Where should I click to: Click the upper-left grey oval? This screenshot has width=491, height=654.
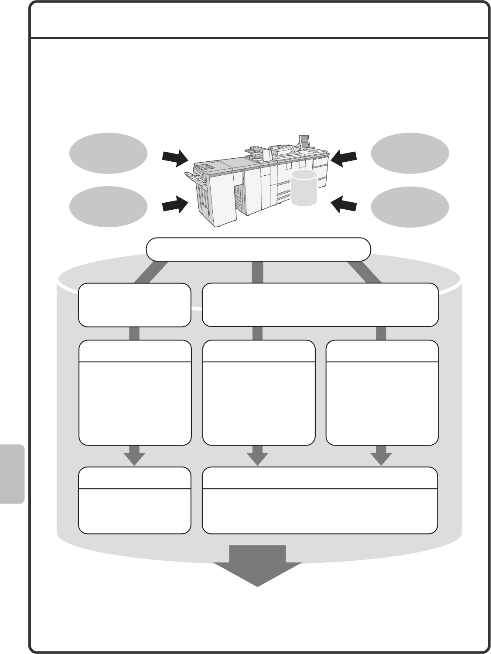pos(108,153)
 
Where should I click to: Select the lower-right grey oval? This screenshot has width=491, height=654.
pos(410,207)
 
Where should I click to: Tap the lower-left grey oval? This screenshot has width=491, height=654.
pos(108,207)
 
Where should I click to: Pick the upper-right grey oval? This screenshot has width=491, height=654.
pos(410,153)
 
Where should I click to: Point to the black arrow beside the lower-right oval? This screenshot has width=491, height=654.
pos(344,204)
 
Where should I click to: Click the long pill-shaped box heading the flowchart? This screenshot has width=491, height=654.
pos(258,249)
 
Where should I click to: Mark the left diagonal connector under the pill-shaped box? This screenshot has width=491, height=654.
pos(150,272)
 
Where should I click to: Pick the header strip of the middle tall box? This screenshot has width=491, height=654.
pos(259,351)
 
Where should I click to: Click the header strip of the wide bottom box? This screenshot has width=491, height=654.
pos(320,478)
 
